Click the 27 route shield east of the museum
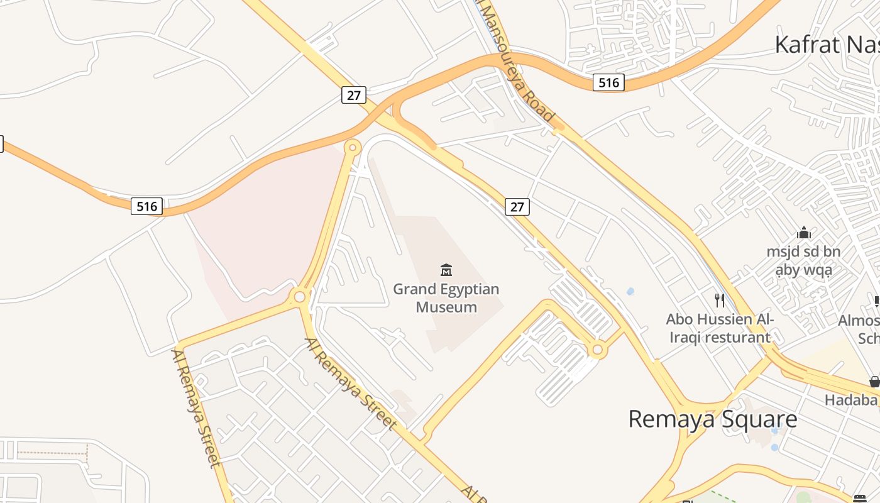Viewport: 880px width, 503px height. [517, 206]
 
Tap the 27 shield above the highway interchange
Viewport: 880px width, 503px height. [354, 95]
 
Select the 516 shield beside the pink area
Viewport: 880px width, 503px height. [147, 206]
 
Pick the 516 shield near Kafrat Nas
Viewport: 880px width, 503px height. [608, 82]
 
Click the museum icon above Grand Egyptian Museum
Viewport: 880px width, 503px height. [446, 270]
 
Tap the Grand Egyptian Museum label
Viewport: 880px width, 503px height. [446, 298]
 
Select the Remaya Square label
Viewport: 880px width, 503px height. [713, 419]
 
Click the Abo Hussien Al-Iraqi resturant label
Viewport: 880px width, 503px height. [720, 328]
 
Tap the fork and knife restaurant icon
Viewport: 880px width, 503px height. [720, 301]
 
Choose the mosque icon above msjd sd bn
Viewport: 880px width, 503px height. [804, 233]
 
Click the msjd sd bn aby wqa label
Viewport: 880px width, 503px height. [803, 261]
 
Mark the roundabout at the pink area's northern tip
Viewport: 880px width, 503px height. [353, 148]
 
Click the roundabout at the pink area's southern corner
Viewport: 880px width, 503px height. [300, 296]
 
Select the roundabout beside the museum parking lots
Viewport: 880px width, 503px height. [597, 349]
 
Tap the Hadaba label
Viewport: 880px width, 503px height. [850, 400]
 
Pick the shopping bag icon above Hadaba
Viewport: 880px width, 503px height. [874, 381]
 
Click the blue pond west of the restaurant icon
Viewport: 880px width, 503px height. [630, 291]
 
